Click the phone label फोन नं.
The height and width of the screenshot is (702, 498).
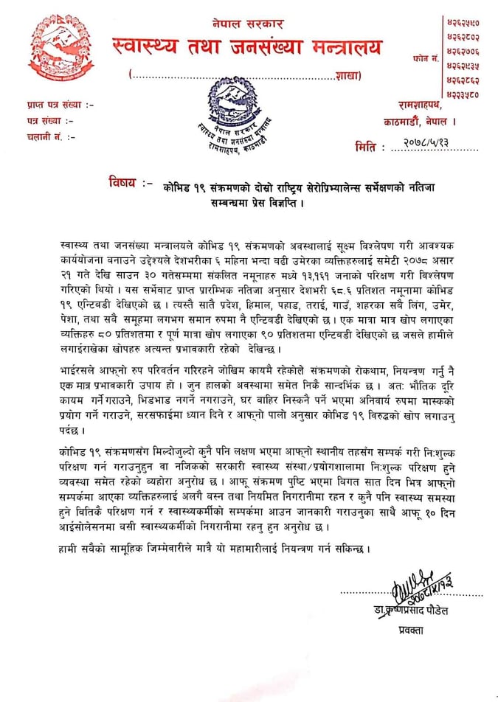pos(427,56)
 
